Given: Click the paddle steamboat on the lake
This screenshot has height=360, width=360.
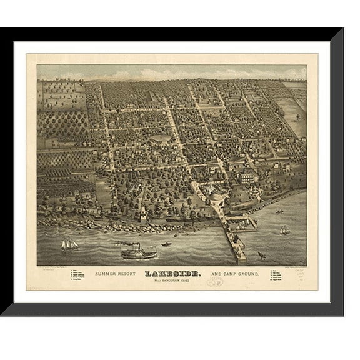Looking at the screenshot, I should (138, 252).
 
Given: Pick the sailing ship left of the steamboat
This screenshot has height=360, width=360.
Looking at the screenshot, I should (69, 244).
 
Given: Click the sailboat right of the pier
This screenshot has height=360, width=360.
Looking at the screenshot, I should (284, 231).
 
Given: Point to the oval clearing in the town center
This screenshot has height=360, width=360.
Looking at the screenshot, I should (160, 138).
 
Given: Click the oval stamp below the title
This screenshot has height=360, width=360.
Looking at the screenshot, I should (215, 282).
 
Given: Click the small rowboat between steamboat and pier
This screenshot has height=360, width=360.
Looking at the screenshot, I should (167, 244).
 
